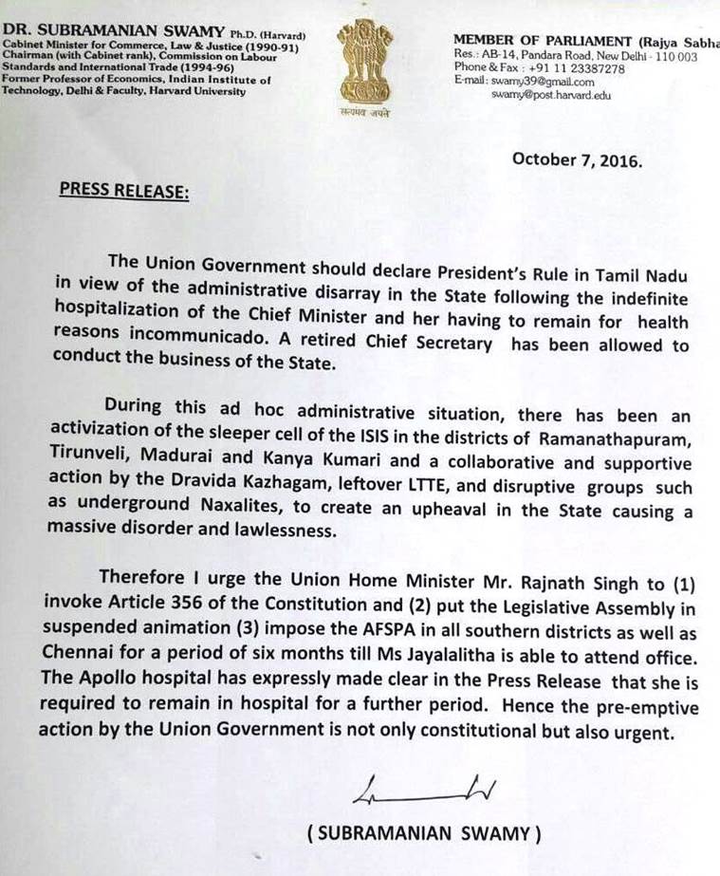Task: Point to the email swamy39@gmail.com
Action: click(542, 82)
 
